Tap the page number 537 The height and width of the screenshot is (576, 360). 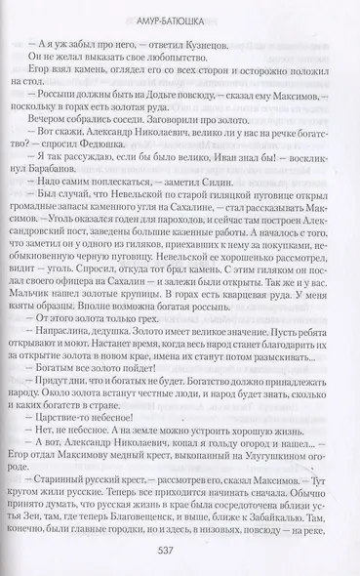[x=179, y=548]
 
